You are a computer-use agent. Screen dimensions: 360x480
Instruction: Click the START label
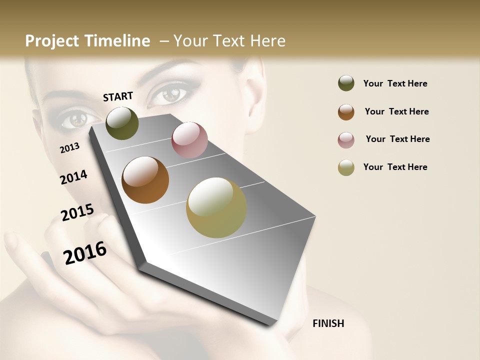click(x=118, y=96)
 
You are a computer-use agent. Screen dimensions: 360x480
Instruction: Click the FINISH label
click(x=328, y=323)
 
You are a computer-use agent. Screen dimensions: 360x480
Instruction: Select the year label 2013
click(x=69, y=148)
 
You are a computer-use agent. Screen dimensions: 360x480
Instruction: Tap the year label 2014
click(x=73, y=177)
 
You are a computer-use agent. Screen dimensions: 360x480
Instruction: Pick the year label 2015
click(x=77, y=212)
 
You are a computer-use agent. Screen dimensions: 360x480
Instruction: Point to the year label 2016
click(x=85, y=253)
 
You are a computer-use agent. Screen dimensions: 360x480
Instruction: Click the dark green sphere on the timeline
click(x=122, y=123)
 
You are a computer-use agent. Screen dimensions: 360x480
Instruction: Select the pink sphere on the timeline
click(x=189, y=140)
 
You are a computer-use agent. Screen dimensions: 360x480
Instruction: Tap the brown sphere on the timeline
click(x=145, y=180)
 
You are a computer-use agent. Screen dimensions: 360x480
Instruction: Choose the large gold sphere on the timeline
click(x=216, y=207)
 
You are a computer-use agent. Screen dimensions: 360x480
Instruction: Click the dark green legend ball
click(x=346, y=83)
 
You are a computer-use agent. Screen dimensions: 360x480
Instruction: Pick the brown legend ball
click(x=346, y=111)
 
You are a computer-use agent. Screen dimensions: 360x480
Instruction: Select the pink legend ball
click(x=346, y=139)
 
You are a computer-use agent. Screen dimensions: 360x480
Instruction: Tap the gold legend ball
click(x=346, y=167)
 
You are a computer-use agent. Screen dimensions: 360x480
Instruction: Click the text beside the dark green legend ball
click(x=395, y=83)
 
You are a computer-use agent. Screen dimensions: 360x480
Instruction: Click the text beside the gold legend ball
click(x=395, y=167)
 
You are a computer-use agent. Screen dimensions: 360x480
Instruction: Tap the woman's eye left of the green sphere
click(x=77, y=119)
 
